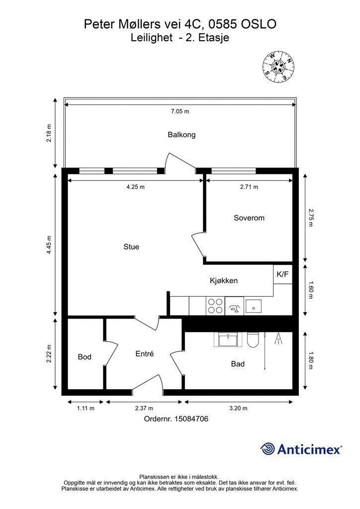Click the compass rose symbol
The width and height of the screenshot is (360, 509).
click(278, 67)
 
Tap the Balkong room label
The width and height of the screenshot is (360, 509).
click(181, 134)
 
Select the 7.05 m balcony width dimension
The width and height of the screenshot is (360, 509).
click(180, 111)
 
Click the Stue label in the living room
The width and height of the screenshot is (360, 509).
click(131, 247)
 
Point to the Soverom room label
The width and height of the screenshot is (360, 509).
click(249, 218)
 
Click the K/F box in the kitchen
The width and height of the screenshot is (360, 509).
click(282, 274)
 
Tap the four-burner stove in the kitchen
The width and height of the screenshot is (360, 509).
click(215, 306)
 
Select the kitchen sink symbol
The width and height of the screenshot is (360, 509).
click(254, 306)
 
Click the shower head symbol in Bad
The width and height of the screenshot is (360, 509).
click(278, 339)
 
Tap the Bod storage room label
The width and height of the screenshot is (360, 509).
click(85, 357)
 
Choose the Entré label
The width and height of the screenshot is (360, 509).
click(145, 353)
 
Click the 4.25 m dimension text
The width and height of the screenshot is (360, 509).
click(136, 187)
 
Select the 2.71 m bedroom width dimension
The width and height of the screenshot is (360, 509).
click(249, 187)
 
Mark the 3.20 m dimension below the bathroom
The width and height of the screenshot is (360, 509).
click(238, 408)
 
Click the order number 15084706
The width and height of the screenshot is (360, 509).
click(191, 419)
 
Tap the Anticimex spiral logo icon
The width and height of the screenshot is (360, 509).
click(267, 449)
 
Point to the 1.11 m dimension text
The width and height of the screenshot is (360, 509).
click(86, 408)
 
